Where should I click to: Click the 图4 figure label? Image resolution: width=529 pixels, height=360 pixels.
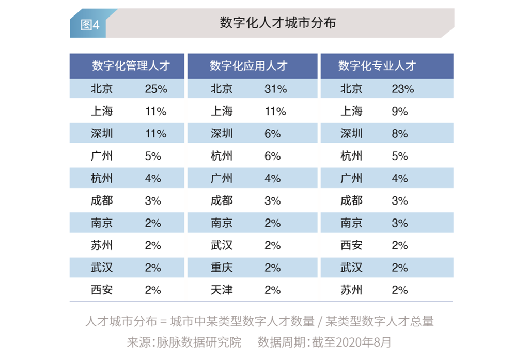click(90, 25)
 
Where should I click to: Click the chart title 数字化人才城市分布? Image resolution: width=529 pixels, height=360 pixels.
click(277, 23)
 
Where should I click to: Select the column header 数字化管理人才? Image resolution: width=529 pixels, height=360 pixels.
click(131, 66)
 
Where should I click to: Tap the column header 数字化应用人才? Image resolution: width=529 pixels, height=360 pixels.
click(248, 66)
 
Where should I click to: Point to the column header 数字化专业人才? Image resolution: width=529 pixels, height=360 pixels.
click(377, 66)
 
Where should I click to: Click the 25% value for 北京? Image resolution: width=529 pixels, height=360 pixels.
click(156, 89)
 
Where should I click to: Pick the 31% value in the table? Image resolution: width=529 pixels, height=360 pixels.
click(276, 89)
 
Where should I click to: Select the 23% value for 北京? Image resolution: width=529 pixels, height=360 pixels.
click(403, 89)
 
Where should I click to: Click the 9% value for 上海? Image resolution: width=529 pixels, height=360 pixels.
click(400, 112)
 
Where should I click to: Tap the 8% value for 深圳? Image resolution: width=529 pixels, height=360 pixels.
click(400, 134)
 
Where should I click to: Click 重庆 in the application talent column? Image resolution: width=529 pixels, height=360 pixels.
click(222, 268)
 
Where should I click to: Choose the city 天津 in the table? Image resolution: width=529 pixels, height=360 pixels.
click(222, 290)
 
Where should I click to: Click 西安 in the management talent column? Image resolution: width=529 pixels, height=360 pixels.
click(102, 290)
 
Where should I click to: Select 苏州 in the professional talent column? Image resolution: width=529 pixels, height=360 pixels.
click(351, 290)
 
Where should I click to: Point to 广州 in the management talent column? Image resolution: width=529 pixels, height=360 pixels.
click(102, 156)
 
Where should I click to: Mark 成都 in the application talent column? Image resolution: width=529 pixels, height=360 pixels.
click(222, 201)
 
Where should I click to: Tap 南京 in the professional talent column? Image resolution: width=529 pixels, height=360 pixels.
click(351, 223)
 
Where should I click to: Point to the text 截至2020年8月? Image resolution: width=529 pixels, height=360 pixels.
click(351, 342)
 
